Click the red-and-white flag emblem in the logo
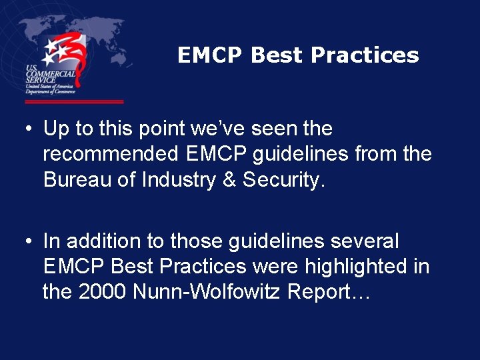coord(67,56)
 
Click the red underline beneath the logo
coord(74,102)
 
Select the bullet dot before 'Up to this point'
coord(31,129)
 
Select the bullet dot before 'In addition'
coord(31,241)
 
